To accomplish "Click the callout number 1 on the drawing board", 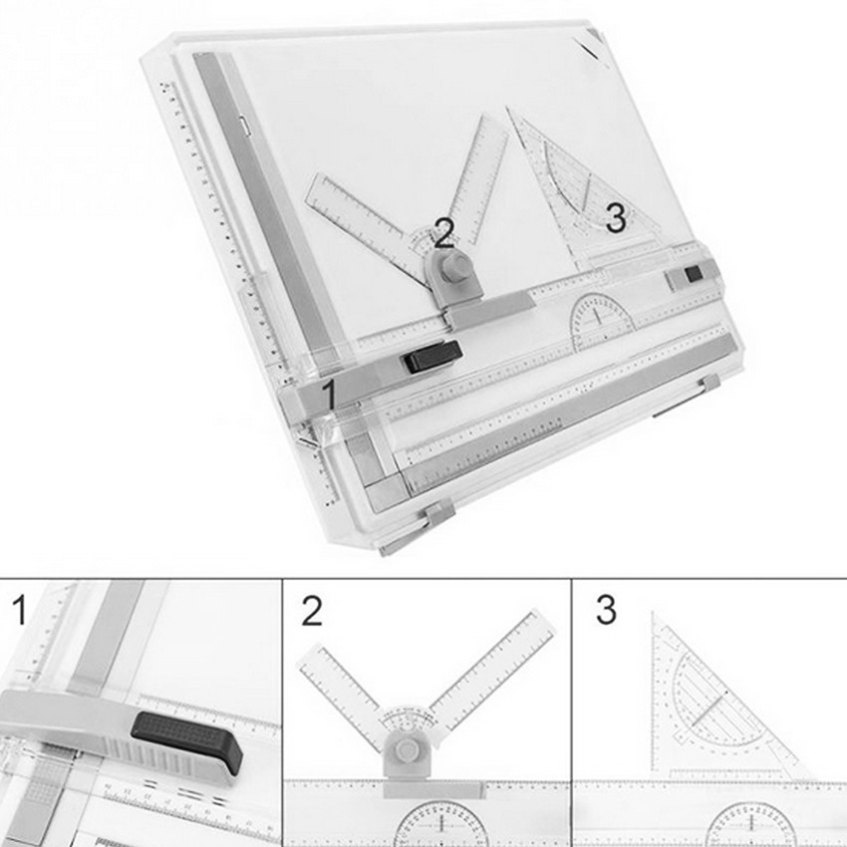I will point(326,395).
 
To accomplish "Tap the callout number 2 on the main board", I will point(444,232).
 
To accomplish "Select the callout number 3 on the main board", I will point(616,218).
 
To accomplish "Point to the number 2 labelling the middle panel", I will point(312,611).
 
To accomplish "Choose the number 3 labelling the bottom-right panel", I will point(606,611).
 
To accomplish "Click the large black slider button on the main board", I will point(431,357).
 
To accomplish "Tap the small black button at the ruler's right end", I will point(693,272).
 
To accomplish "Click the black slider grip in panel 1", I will point(187,741).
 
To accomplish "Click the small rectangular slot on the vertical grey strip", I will point(243,127).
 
